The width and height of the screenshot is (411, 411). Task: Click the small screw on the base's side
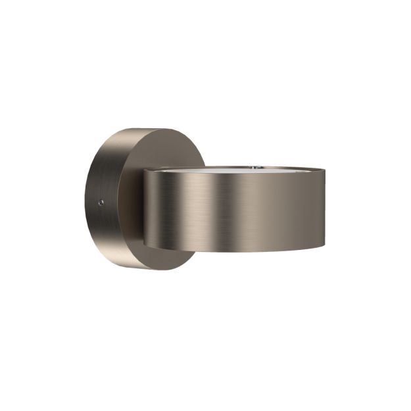pos(101,203)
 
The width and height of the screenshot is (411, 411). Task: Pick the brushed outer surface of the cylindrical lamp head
pos(263,210)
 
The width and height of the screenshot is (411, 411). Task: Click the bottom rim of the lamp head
pos(237,251)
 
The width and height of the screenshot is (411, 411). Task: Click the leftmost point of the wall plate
pos(85,197)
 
